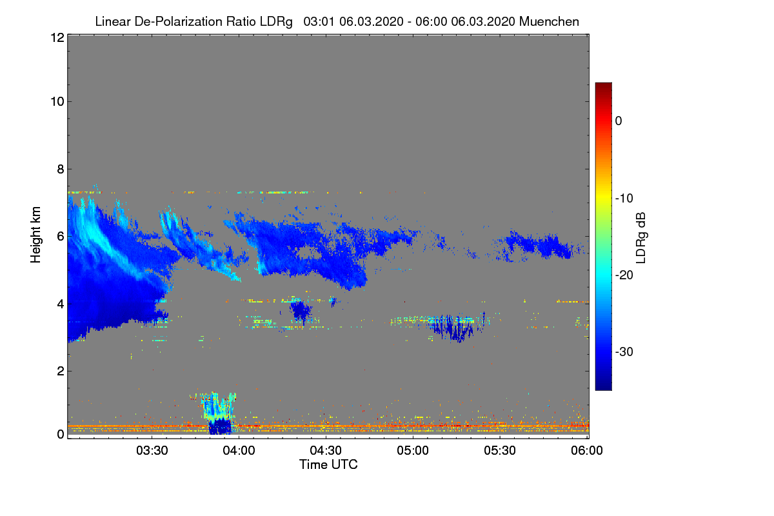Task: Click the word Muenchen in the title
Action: point(549,21)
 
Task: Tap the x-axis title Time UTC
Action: point(328,464)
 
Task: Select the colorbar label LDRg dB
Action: point(640,237)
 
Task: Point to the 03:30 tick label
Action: point(152,451)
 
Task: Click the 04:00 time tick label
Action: point(239,451)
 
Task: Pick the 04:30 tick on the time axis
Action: point(326,451)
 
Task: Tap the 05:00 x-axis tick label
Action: point(413,451)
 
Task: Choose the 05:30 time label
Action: point(501,451)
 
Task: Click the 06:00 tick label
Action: point(587,451)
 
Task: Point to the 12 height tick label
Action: point(56,38)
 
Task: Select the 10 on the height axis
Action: point(56,101)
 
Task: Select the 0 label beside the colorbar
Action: point(619,121)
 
